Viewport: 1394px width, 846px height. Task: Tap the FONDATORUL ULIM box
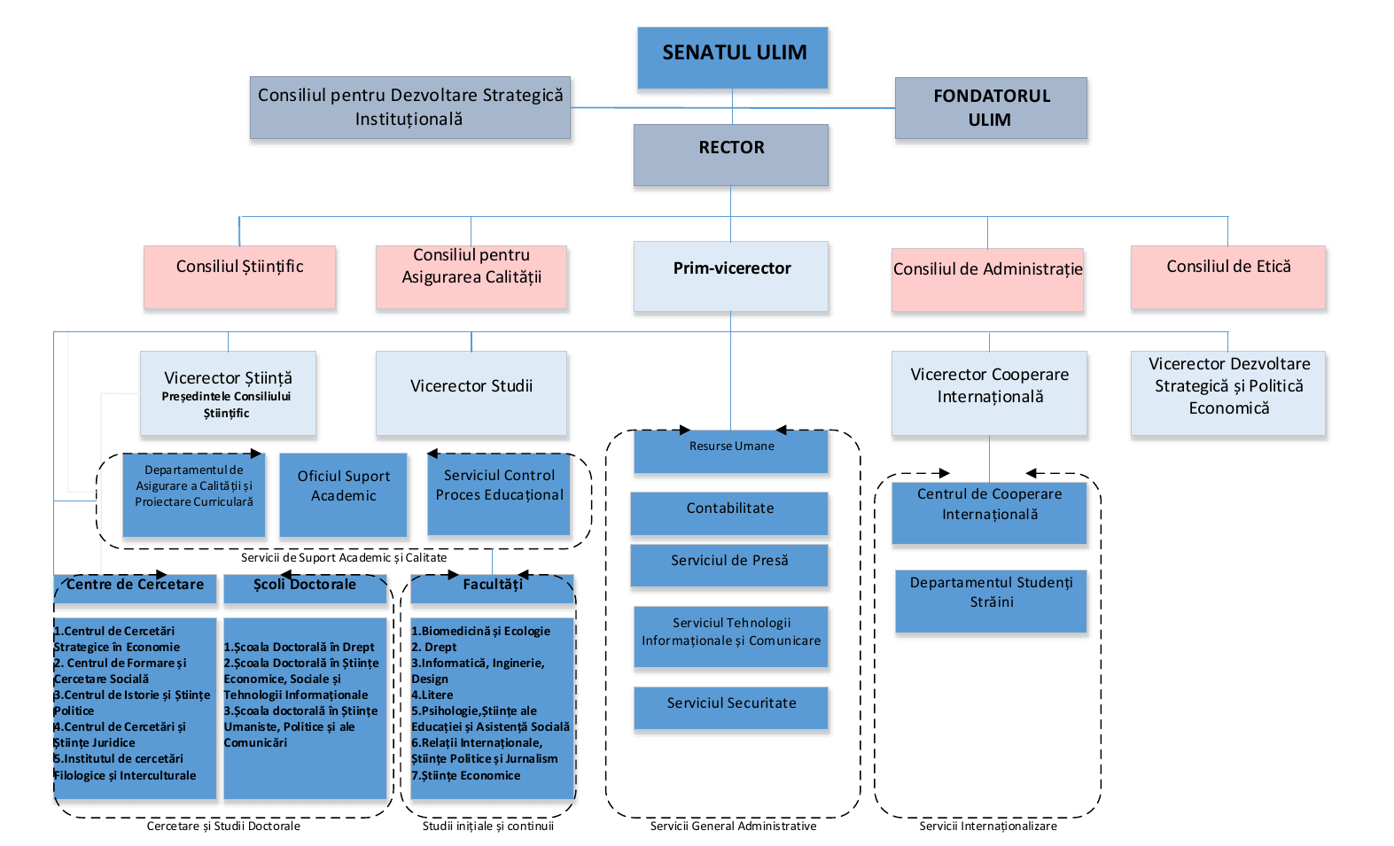pos(991,108)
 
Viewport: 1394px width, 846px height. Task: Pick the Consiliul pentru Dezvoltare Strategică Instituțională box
pos(410,107)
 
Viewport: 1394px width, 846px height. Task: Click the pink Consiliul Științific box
pos(239,276)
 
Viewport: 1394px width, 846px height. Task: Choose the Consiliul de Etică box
pos(1228,276)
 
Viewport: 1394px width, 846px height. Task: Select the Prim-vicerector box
pos(731,276)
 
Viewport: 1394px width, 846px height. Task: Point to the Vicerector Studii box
pos(471,392)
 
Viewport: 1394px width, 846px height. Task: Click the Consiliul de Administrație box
pos(987,279)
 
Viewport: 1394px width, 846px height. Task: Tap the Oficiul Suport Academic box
pos(343,493)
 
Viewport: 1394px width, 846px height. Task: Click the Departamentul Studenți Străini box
pos(991,600)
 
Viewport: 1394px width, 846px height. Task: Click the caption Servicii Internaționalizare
pos(987,826)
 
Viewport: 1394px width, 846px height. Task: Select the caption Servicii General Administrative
pos(733,826)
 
